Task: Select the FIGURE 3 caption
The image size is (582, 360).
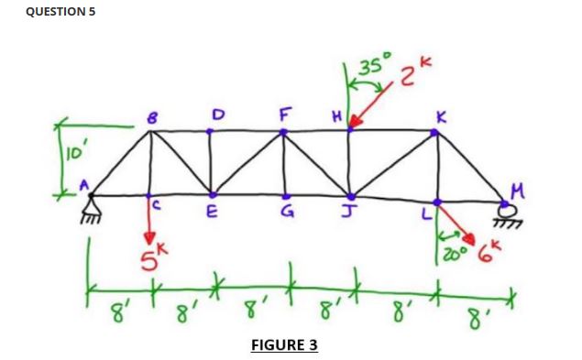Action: pos(283,344)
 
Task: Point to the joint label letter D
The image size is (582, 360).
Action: pos(217,113)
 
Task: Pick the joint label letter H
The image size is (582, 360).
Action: pos(337,116)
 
